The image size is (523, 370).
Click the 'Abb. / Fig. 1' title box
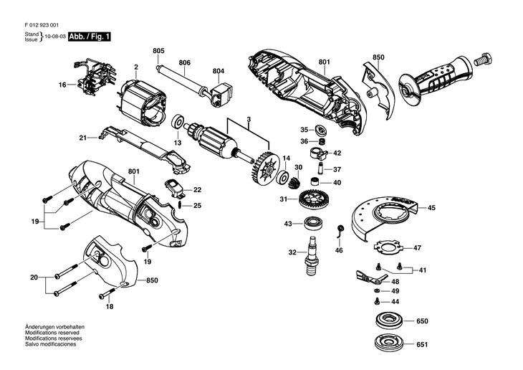pos(90,37)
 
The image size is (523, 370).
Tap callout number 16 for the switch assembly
pos(62,85)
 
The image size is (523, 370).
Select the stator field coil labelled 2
pos(141,103)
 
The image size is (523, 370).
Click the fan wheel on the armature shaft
pos(262,167)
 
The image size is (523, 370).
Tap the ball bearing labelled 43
pos(314,223)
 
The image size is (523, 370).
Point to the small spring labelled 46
pos(340,231)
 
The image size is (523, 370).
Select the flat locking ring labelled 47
pos(387,248)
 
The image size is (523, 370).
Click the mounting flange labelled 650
pos(389,321)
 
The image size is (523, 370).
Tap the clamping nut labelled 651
pos(389,343)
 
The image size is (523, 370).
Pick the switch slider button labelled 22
pos(174,188)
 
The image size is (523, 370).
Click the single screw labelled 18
pos(107,294)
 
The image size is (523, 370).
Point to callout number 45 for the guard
pos(431,208)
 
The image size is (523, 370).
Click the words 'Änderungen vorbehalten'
pos(54,327)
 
